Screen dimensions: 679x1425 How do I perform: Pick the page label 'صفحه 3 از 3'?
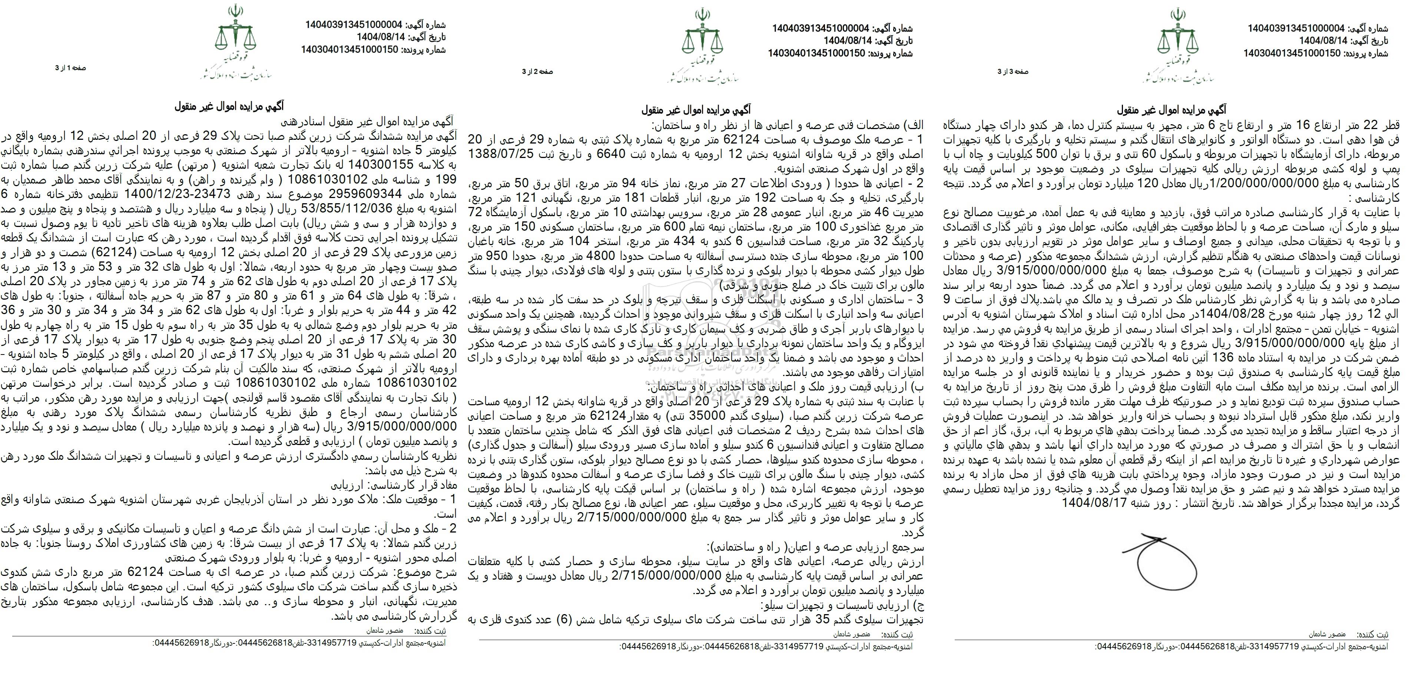point(1013,72)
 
